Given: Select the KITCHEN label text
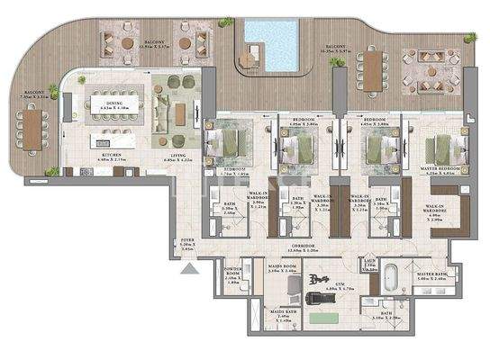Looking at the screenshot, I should point(112,157).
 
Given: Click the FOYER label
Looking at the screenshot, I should point(187,242).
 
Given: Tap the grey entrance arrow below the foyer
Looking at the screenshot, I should point(187,267).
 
